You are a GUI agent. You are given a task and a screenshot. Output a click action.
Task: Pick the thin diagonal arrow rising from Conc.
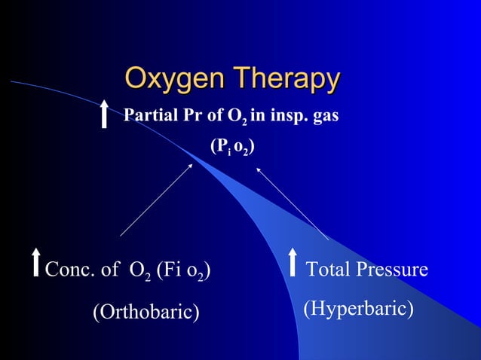pos(156,200)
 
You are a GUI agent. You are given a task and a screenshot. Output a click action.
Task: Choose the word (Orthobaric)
pos(146,311)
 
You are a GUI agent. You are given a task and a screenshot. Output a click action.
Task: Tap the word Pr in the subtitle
pos(195,116)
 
